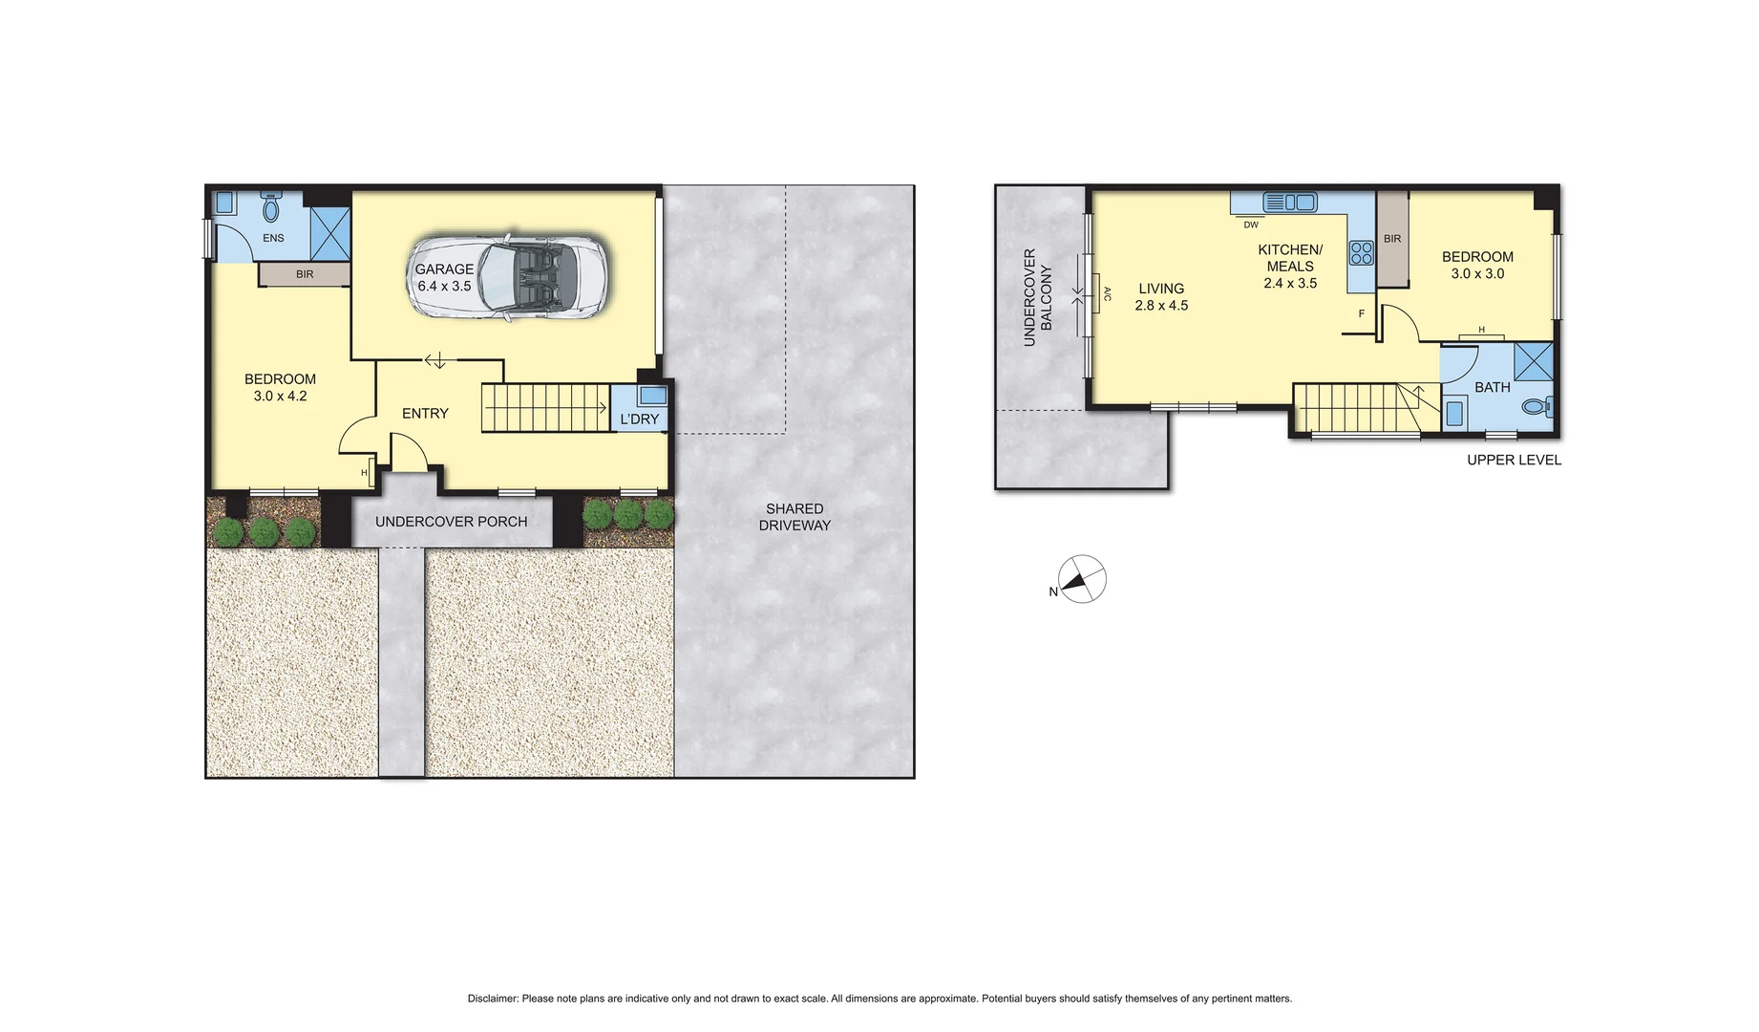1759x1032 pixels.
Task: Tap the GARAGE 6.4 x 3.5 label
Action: tap(444, 277)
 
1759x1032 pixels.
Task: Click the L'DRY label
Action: tap(639, 419)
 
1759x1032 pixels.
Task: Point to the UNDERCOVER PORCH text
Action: tap(451, 522)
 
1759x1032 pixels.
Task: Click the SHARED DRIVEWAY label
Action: tap(795, 517)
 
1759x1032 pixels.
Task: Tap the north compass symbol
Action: tap(1081, 579)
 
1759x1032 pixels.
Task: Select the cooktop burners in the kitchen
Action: tap(1361, 253)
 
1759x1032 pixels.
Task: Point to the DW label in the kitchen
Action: tap(1250, 225)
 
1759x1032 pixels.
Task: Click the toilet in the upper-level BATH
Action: tap(1536, 407)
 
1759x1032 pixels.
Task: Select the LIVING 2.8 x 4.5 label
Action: tap(1161, 296)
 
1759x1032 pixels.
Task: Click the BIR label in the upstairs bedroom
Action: tap(1392, 239)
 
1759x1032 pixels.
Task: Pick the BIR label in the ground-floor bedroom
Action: tap(305, 274)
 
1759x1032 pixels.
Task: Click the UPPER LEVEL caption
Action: tap(1514, 460)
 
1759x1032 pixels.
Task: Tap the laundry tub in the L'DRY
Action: tap(653, 395)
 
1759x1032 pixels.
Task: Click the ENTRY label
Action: tap(425, 413)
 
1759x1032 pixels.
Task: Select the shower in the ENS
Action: tap(330, 233)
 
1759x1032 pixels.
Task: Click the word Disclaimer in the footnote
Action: tap(492, 999)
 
